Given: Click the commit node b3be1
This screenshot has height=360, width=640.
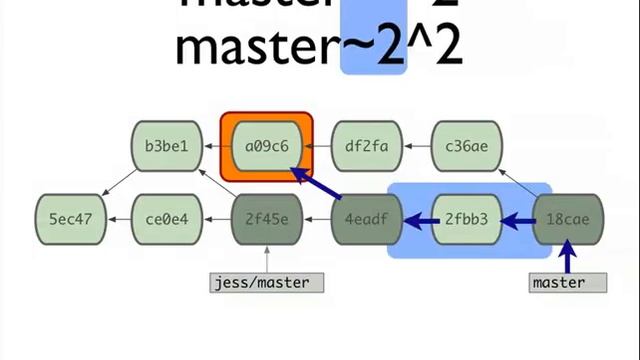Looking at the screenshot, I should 166,147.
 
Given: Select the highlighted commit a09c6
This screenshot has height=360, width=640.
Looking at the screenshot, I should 266,147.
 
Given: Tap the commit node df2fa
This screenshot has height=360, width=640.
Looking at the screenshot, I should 366,147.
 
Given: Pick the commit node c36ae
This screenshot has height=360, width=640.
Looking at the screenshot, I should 466,147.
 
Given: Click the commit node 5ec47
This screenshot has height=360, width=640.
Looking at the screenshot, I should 70,218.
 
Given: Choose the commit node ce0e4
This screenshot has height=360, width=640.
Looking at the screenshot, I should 167,218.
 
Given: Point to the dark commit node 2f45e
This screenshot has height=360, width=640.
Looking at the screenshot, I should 266,218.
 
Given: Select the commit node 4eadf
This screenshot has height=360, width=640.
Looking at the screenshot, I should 366,218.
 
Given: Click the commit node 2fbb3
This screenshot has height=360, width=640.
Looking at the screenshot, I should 466,218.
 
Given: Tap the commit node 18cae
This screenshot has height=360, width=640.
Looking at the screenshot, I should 566,218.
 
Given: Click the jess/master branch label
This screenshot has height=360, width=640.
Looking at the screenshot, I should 260,282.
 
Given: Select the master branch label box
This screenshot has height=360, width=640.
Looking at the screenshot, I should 567,282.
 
